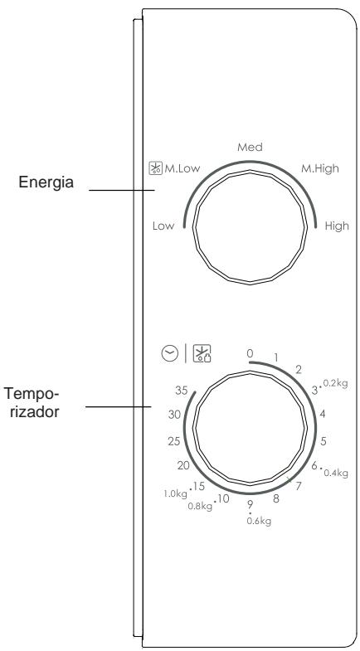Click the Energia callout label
click(46, 182)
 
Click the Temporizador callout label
click(32, 403)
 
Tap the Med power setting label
click(250, 147)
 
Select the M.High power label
click(319, 168)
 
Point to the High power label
click(337, 226)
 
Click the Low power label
click(163, 226)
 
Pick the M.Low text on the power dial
click(182, 168)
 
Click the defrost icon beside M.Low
click(156, 168)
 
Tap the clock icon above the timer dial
click(170, 354)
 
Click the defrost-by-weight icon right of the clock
click(202, 354)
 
